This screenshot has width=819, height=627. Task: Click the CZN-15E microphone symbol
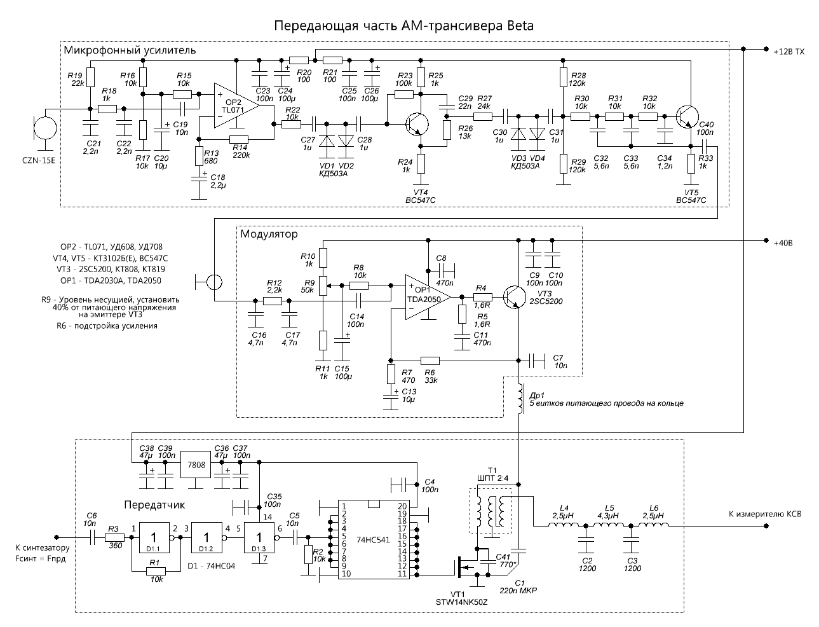coord(45,128)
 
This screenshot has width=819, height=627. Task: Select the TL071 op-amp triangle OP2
coord(236,106)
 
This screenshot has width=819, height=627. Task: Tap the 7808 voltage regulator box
coord(196,465)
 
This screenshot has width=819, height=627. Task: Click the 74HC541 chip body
coord(374,540)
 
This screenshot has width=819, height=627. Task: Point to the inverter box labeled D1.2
coord(206,537)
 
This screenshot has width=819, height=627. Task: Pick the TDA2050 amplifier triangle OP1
coord(428,297)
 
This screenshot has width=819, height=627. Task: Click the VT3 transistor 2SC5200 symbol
coord(514,297)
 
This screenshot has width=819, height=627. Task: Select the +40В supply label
coord(783,243)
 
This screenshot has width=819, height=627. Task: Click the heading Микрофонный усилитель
coord(130,50)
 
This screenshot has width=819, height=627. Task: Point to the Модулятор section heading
coord(269,234)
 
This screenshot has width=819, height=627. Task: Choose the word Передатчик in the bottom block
coord(154,505)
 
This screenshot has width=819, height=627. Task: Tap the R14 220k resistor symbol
coord(238,139)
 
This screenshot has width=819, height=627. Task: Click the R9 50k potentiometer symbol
coord(324,286)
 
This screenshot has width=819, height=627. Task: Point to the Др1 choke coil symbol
coord(520,398)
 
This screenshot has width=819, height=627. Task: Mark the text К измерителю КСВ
coord(765,514)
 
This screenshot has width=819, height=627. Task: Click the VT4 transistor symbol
coord(417,125)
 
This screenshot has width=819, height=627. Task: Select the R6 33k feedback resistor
coord(430,361)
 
